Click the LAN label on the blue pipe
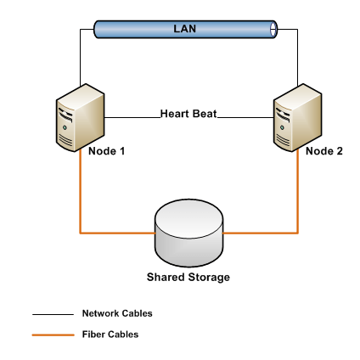(x=184, y=29)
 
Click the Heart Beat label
(x=188, y=113)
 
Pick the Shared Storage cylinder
(x=188, y=233)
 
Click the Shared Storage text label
(x=188, y=278)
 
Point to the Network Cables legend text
(x=117, y=313)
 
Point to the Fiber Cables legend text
(x=110, y=335)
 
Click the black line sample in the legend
(x=49, y=314)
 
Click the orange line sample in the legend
(x=49, y=335)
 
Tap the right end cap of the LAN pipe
(x=273, y=30)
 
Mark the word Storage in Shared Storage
(x=208, y=278)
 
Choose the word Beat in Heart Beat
(x=204, y=113)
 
